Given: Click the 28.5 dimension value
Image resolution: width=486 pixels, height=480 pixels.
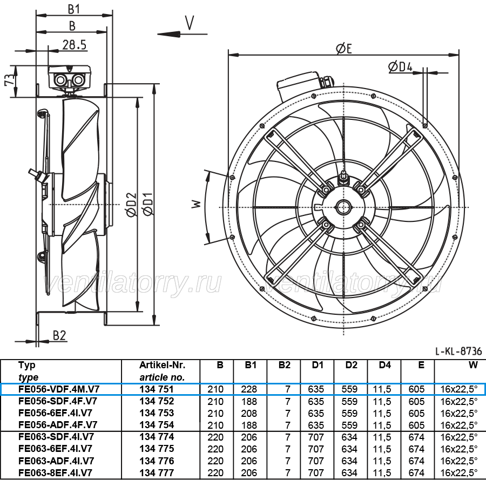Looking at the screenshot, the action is coord(75,45).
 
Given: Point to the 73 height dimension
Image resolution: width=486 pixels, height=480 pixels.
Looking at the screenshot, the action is coord(9,79).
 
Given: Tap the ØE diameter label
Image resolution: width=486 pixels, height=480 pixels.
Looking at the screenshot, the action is coord(344,49).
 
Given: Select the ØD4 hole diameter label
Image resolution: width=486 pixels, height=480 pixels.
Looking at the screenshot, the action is coord(400,66).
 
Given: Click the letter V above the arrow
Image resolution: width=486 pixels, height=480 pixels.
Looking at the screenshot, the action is coord(190,22).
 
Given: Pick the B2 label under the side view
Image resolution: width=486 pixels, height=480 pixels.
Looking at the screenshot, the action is coord(59,335).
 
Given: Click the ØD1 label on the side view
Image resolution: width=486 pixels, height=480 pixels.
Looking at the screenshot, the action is coord(148,204).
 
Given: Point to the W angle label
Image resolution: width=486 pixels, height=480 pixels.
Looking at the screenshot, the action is coord(197,204).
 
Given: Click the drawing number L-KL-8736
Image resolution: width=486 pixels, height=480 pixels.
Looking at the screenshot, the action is coord(458,351).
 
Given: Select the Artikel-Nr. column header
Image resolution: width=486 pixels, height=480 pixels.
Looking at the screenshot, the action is coord(162,365).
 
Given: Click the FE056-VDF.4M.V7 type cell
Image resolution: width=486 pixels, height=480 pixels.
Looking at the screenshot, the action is coord(59,389).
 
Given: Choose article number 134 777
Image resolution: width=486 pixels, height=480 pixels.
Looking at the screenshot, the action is coord(157,473).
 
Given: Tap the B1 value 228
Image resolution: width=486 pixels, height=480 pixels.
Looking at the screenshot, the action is coord(249,389).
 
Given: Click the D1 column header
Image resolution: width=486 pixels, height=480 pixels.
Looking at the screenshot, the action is coord(318,365).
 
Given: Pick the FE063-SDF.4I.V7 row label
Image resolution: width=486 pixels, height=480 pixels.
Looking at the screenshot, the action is coord(56,437).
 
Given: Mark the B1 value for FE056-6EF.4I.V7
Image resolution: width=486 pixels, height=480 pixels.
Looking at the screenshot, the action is coord(249,413).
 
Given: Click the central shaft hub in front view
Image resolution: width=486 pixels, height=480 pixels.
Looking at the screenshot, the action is coord(344,207).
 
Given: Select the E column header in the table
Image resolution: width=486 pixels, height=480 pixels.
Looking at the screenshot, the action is coord(421,365).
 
